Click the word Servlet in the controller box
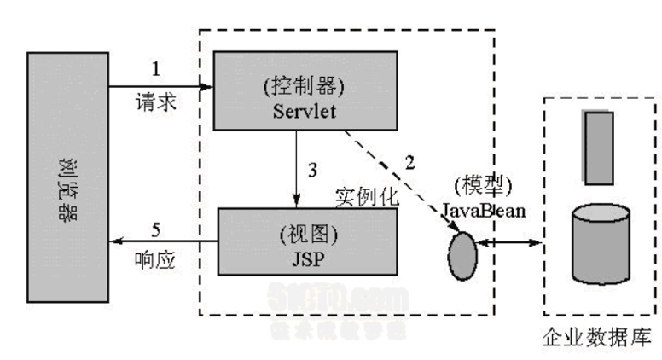306,112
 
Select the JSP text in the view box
309,253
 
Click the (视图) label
309,231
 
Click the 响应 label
155,260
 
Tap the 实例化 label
368,196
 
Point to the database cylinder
600,241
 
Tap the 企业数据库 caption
598,339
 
